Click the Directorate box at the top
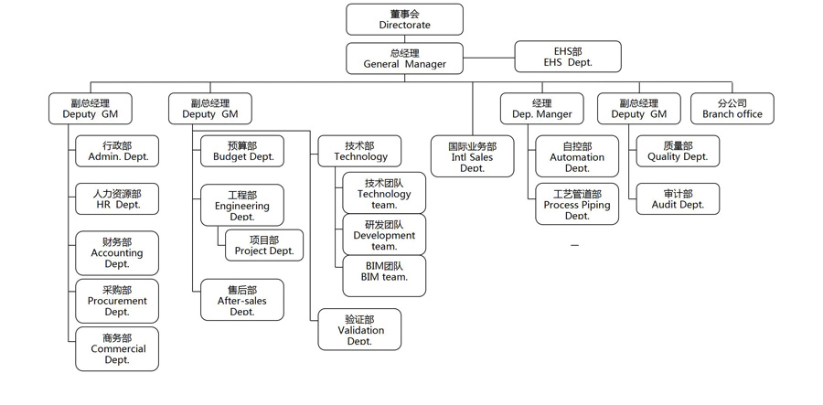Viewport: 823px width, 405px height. [x=404, y=19]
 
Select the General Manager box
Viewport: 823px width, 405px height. [x=404, y=59]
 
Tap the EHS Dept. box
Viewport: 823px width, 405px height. [x=567, y=57]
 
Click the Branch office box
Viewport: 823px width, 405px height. [x=732, y=109]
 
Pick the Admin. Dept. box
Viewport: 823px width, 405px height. [x=118, y=152]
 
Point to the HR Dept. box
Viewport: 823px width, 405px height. [x=118, y=199]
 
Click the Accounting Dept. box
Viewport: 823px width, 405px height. [x=117, y=253]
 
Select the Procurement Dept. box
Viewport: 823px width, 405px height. [x=117, y=301]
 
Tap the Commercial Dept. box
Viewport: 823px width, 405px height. [x=117, y=348]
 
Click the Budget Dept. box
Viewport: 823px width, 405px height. [x=242, y=152]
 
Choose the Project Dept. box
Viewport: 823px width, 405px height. [x=264, y=245]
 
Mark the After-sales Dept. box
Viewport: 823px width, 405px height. [x=242, y=301]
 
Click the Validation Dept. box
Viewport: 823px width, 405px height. [x=361, y=330]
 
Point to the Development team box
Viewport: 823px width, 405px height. [x=384, y=235]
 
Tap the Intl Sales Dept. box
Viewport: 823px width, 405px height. [x=472, y=156]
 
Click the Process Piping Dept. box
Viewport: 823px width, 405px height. [x=577, y=205]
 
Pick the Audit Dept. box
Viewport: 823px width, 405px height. [x=678, y=199]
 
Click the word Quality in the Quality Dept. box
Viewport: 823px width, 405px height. [x=662, y=157]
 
